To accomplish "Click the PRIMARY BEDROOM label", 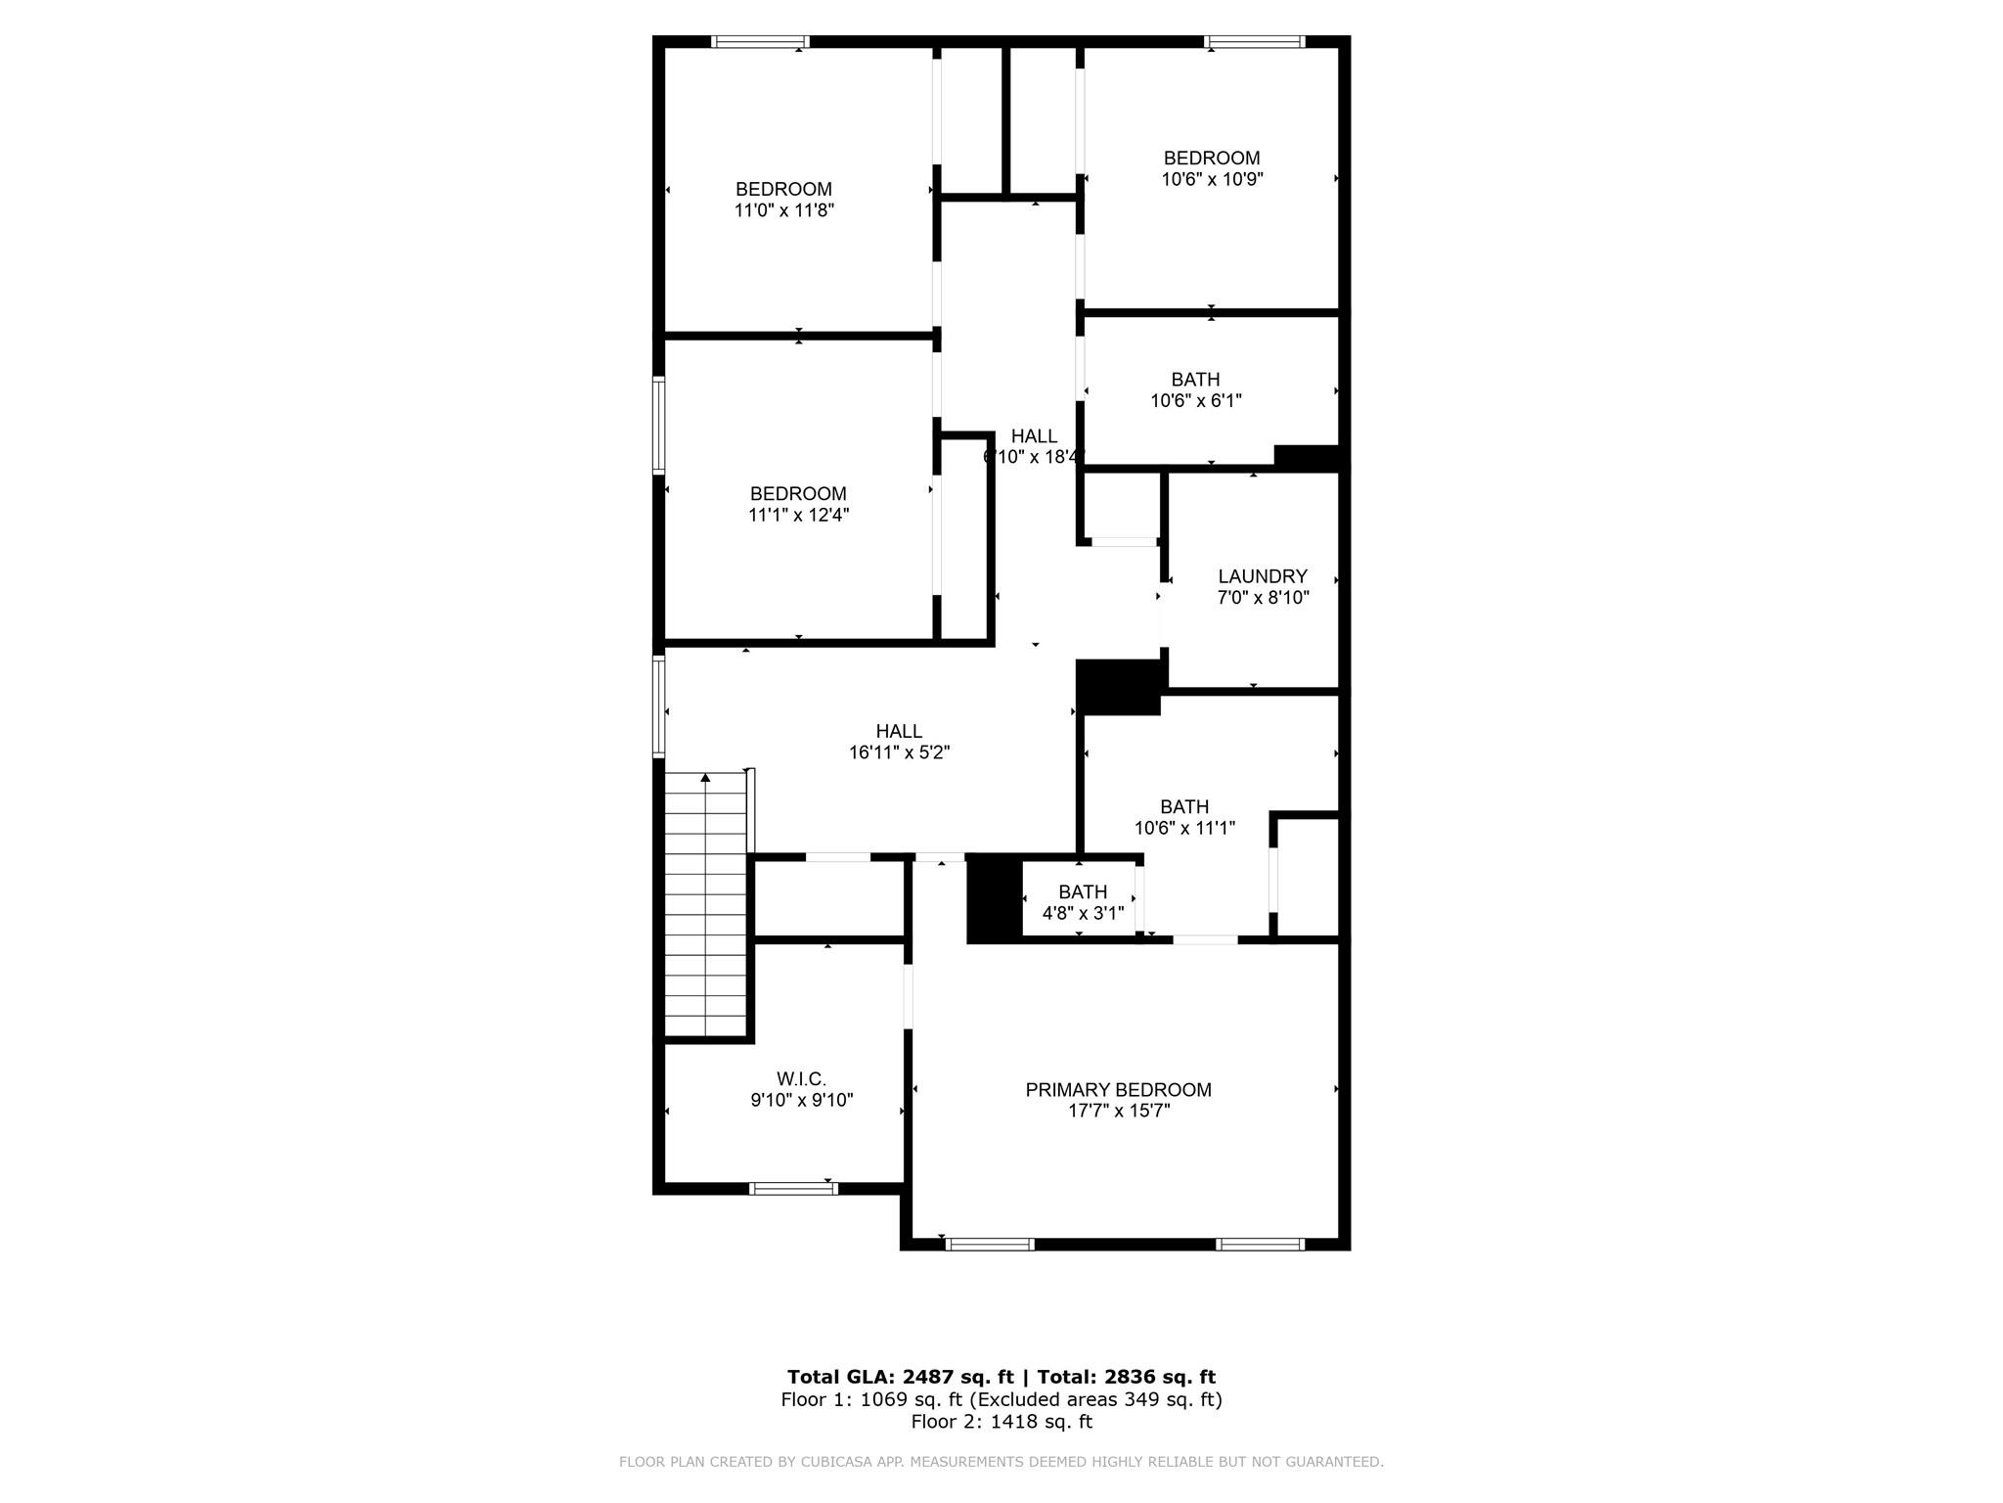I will point(1118,1089).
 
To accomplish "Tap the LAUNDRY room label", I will point(1262,576).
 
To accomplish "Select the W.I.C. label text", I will point(801,1078).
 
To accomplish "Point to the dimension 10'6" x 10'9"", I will point(1212,179).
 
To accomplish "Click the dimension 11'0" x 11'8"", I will point(783,210).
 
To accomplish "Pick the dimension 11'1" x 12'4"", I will point(798,515).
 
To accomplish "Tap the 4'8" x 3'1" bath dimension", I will point(1083,913).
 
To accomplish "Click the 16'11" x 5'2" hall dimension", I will point(899,752).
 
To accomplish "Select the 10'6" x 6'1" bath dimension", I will point(1195,400).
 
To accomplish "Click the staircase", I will point(705,910).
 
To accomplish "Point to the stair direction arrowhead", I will point(705,778).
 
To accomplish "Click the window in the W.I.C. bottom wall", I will point(793,1189).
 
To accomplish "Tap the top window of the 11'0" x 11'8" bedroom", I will point(760,42).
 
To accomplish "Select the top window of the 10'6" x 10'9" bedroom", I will point(1254,42).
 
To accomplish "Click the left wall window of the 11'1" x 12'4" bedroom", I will point(659,426).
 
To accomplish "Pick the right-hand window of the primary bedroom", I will point(1260,1245).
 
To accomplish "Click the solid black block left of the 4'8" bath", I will point(994,897).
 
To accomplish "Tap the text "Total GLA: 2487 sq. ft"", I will point(900,1377).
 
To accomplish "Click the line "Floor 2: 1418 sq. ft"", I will point(1001,1422).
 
